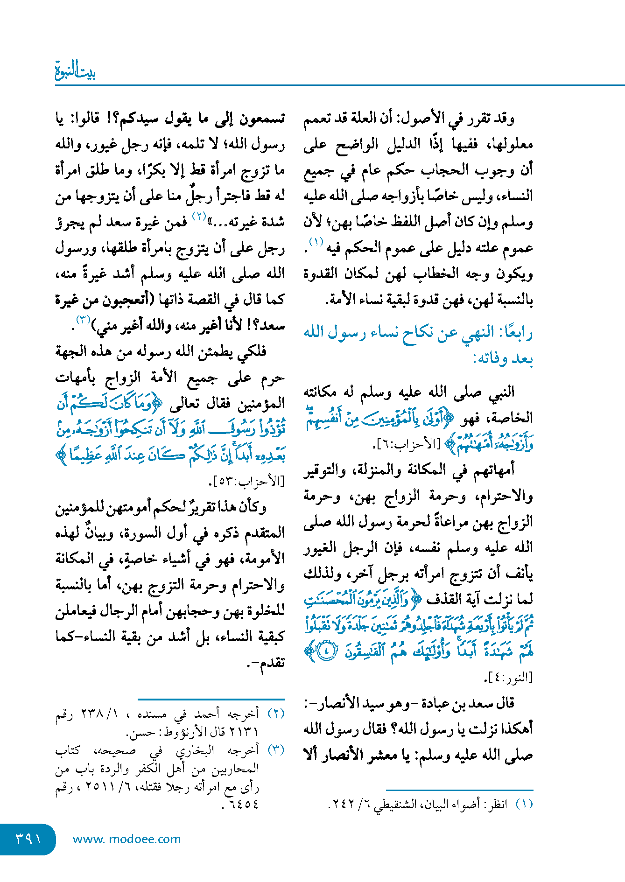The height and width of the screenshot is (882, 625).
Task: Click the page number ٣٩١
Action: pyautogui.click(x=28, y=839)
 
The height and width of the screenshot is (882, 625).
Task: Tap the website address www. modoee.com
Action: pyautogui.click(x=126, y=839)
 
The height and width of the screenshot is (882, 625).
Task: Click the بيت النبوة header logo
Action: pyautogui.click(x=75, y=71)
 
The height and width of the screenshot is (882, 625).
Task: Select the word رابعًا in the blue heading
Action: pyautogui.click(x=516, y=333)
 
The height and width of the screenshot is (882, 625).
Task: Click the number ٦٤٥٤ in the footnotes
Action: pyautogui.click(x=243, y=805)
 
